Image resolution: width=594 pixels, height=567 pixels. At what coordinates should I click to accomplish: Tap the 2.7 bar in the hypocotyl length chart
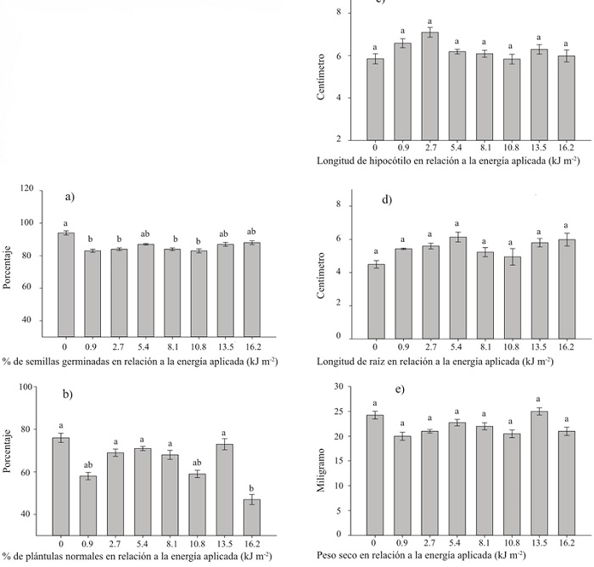(x=430, y=86)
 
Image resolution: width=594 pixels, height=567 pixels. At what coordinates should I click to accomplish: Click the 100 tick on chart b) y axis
(x=26, y=387)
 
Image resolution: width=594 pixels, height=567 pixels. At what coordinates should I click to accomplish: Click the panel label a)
(x=71, y=196)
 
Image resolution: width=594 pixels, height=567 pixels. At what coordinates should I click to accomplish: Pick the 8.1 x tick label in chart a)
(x=172, y=345)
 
